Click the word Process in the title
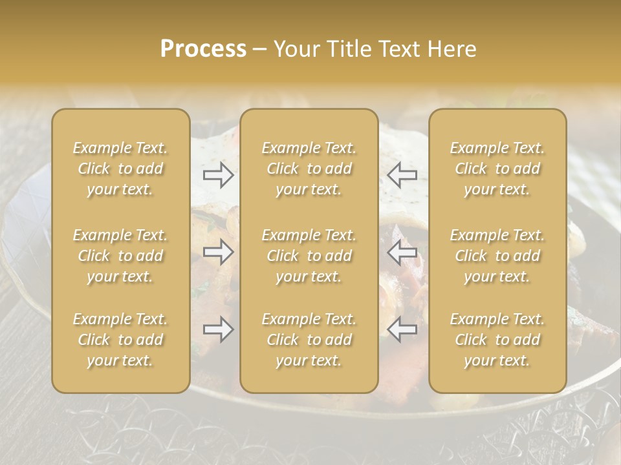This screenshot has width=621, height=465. pos(203,49)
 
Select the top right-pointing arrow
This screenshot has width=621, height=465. pos(218,174)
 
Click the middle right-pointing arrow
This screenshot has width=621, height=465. pos(218,252)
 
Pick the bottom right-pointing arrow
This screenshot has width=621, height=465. pos(218,330)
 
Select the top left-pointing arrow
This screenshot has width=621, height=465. pos(402,174)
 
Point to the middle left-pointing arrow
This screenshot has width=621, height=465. pos(402,252)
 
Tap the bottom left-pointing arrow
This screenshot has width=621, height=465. pos(402,330)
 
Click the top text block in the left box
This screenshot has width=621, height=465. pos(120,169)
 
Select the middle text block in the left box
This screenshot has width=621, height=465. pos(120,256)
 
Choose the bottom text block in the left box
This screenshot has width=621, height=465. pos(120,340)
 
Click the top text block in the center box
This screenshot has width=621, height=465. pos(309,169)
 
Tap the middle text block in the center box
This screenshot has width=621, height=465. pos(309,256)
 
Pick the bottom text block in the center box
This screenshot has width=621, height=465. pos(309,340)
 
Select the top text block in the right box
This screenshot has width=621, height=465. pos(497,169)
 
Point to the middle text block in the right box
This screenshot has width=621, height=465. pos(497,256)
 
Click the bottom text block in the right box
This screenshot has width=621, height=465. pos(497,340)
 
